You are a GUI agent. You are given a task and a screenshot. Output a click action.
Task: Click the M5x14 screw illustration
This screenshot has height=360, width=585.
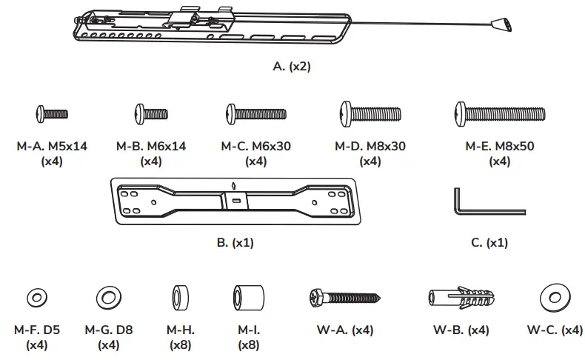click(51, 113)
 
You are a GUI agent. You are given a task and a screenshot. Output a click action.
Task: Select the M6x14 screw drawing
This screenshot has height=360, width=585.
click(151, 113)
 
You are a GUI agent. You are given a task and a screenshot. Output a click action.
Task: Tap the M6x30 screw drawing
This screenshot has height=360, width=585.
click(255, 113)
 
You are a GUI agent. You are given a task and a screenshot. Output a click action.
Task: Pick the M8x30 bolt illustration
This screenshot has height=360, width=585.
click(371, 114)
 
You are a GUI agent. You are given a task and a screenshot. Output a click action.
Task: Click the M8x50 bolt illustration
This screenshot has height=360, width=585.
click(498, 114)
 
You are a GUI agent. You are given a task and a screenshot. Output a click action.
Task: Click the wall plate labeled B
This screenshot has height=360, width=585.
click(235, 200)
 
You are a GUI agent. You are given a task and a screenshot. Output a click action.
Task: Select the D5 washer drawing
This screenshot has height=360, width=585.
click(35, 299)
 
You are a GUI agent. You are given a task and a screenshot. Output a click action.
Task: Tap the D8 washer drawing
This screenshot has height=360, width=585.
click(108, 299)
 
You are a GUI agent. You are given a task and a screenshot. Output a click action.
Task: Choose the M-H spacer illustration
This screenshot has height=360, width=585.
click(181, 298)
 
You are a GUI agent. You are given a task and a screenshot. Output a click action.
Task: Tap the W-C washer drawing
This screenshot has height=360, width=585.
click(554, 298)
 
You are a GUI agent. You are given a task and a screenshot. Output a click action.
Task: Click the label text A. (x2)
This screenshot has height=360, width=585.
click(292, 66)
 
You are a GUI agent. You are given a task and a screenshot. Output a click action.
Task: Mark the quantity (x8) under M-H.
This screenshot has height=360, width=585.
click(181, 344)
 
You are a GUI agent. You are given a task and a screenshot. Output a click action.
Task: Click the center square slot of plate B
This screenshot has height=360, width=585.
click(235, 199)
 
